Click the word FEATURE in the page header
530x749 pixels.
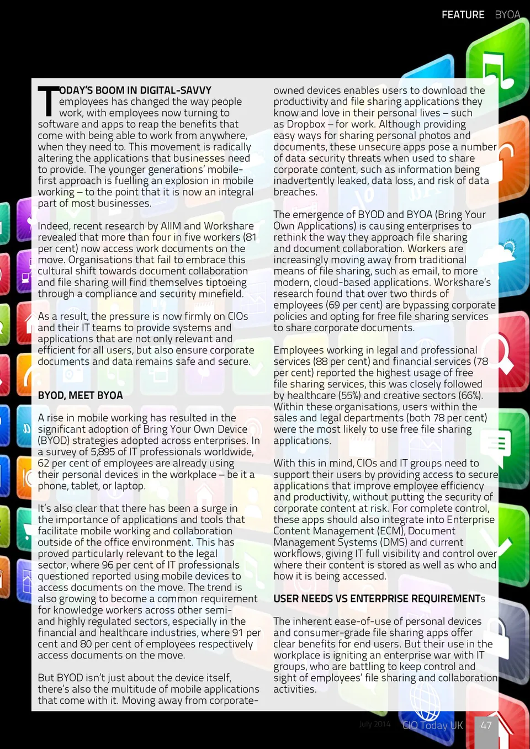point(463,15)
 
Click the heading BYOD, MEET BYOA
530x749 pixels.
point(80,395)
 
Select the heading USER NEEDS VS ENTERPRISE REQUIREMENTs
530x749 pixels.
point(379,599)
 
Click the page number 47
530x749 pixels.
point(486,725)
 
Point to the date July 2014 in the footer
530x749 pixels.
point(374,724)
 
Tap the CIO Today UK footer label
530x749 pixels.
point(432,725)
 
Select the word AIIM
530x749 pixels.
point(171,226)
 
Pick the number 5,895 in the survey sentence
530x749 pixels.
point(102,452)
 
